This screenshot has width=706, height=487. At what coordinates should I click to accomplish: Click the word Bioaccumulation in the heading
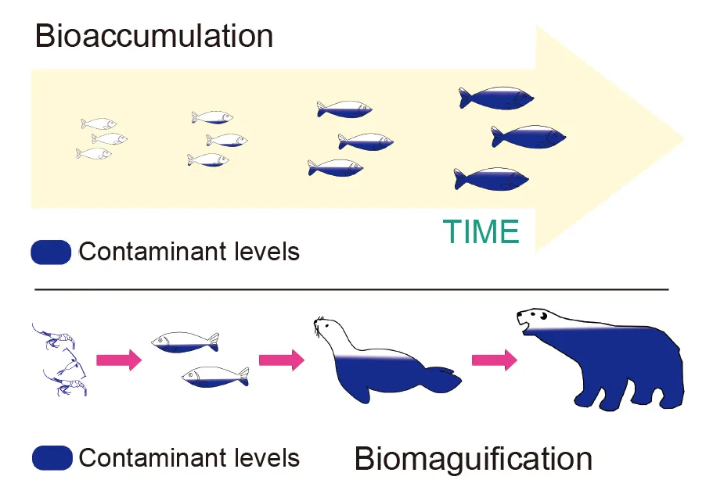153,37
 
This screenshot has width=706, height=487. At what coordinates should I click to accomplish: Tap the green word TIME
481,232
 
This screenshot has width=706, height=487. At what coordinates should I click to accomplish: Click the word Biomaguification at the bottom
473,458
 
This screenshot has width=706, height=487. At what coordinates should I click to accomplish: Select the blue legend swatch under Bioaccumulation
52,252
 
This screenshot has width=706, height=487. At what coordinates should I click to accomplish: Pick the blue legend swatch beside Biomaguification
52,458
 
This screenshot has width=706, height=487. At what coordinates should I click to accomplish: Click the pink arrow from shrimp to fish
118,360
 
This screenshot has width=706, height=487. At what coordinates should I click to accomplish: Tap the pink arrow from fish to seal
281,360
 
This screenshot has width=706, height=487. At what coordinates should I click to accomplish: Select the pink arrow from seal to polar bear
494,360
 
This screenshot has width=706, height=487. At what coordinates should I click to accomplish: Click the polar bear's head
534,319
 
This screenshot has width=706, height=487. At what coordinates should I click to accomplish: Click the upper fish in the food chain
185,342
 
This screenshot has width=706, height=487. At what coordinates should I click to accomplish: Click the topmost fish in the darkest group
497,98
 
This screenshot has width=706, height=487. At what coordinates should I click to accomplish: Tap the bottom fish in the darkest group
492,179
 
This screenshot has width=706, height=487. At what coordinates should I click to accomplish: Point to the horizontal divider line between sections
352,289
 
